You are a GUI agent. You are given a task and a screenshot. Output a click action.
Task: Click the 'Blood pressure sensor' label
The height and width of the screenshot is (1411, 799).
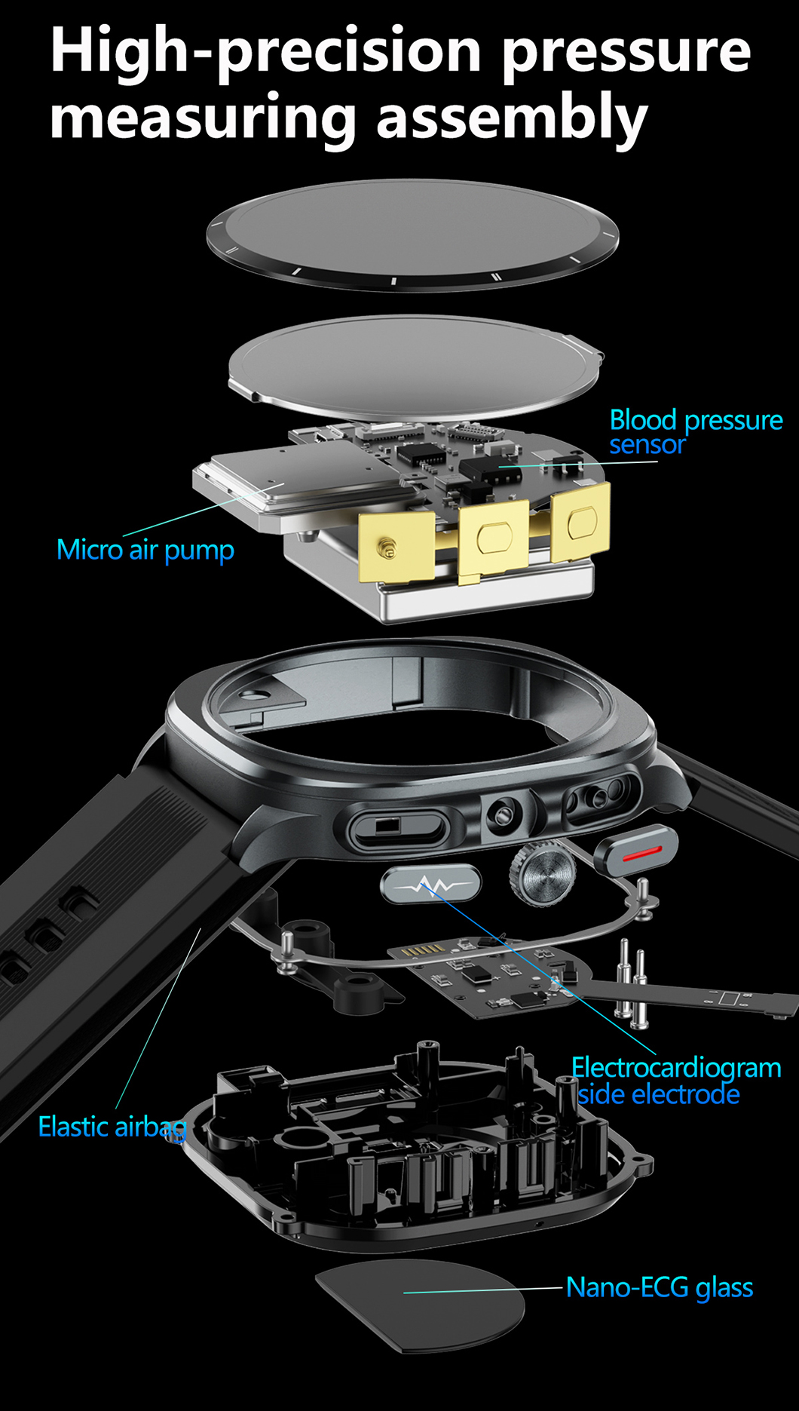point(696,432)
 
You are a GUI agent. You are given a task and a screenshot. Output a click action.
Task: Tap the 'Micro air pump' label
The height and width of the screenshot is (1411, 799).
point(145,550)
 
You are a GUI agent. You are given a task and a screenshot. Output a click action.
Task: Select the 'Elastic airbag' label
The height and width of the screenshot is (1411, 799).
point(112,1127)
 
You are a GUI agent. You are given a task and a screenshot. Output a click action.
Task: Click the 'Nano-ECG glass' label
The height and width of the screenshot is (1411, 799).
point(660,1287)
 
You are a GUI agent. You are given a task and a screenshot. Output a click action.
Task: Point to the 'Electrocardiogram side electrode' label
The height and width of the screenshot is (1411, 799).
point(675,1081)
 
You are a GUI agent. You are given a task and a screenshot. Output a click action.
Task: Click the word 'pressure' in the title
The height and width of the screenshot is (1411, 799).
point(626,51)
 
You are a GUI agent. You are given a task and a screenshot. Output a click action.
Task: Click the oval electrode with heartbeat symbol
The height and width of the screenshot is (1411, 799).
point(430,884)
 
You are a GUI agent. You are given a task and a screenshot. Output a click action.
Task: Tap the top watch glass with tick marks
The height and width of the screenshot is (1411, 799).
point(412,234)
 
